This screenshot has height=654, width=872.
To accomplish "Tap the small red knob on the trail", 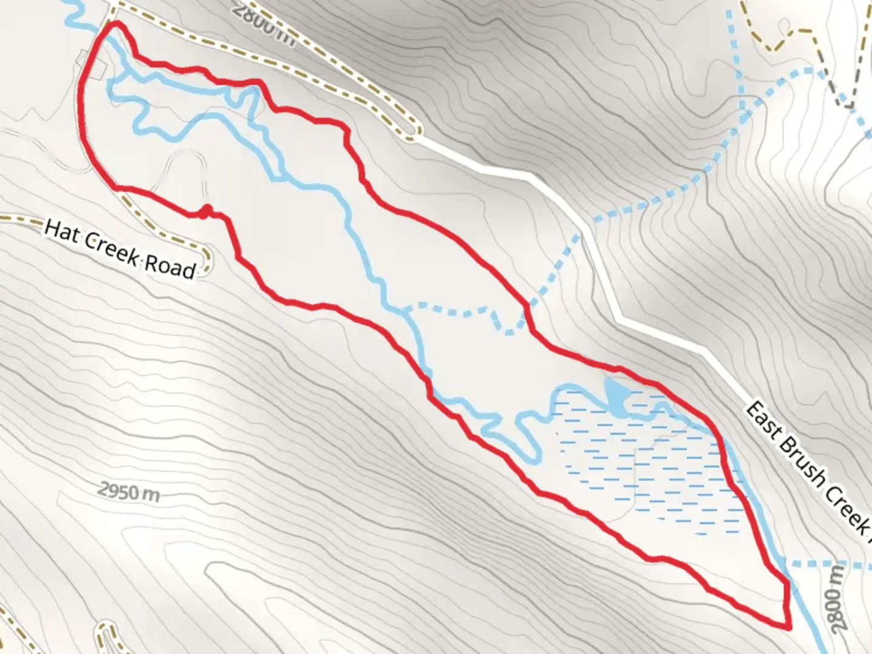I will coord(206,211).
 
